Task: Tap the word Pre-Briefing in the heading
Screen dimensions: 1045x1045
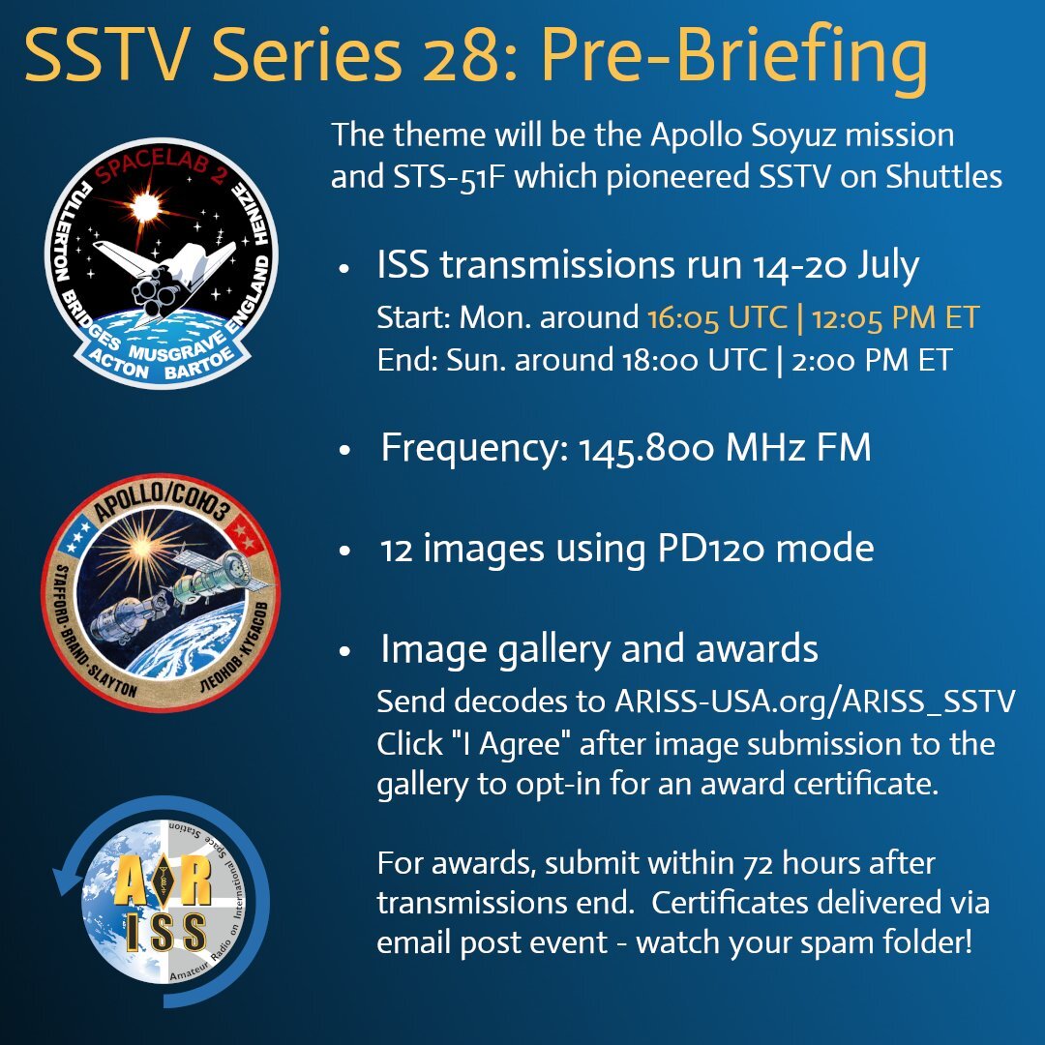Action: [x=733, y=59]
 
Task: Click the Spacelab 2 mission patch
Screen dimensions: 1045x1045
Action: [x=162, y=262]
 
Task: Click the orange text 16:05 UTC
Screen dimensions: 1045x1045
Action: [x=717, y=317]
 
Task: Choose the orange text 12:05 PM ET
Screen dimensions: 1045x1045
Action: [x=895, y=317]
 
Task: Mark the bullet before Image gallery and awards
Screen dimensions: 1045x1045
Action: [x=343, y=651]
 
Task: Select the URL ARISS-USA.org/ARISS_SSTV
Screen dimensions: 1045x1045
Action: [x=815, y=702]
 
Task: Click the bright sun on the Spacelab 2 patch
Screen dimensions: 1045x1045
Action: [x=144, y=207]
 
